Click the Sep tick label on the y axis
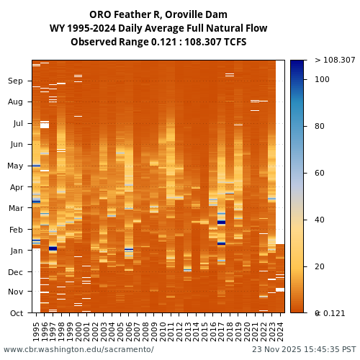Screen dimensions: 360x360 [16, 81]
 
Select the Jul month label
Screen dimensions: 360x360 [17, 124]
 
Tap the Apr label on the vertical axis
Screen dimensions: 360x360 [16, 187]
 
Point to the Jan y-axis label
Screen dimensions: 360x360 [17, 251]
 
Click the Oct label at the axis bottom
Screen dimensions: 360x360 [17, 313]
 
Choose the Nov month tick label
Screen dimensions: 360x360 [16, 292]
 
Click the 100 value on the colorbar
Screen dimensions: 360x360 [322, 79]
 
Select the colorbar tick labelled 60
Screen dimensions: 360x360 [320, 173]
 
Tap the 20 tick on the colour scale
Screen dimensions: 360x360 [320, 266]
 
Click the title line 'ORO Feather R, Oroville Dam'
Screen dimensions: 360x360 [158, 15]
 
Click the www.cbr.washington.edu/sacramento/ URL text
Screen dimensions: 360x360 [78, 350]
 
